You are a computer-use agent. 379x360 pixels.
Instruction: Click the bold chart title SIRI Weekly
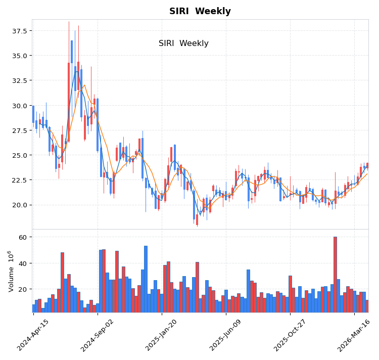click(200, 11)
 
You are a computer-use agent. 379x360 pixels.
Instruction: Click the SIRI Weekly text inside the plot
click(183, 43)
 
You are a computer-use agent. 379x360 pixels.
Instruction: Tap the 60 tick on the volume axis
click(23, 237)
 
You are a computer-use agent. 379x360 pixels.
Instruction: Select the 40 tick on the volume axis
click(23, 263)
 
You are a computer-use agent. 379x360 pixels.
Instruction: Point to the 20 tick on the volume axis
click(23, 290)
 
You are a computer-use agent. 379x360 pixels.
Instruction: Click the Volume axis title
click(10, 271)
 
